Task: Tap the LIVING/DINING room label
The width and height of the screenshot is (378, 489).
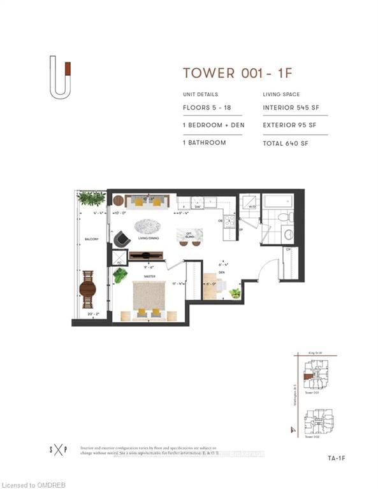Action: [x=149, y=239]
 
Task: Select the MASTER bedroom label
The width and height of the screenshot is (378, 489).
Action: [x=149, y=276]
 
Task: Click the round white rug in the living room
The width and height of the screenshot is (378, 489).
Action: [x=148, y=225]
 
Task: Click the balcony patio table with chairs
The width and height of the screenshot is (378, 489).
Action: [x=88, y=290]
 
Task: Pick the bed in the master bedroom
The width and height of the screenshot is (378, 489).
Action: [x=149, y=299]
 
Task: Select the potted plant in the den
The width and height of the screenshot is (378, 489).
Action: [x=235, y=294]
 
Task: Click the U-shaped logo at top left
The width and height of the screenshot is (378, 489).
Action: [x=61, y=78]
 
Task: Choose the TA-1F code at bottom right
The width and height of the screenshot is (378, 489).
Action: [x=337, y=457]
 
